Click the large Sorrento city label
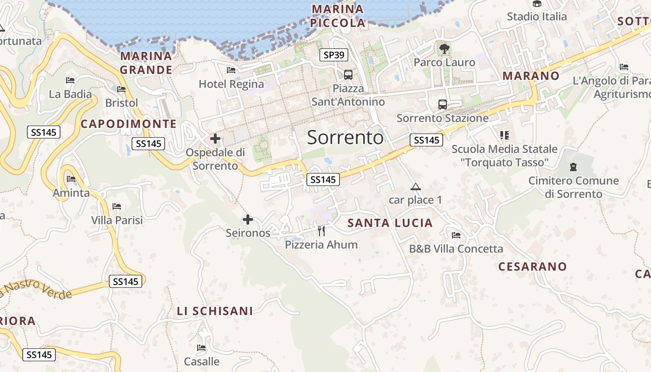coord(345,138)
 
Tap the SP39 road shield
coord(334,55)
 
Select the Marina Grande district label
coord(146,63)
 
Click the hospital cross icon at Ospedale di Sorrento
coord(215,138)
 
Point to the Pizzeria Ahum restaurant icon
coord(321,231)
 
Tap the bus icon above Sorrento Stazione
coord(442,104)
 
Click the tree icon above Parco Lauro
coord(444,47)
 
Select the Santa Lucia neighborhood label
coord(390,223)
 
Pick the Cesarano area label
coord(532,266)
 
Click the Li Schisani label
coord(215,311)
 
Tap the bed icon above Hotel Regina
coord(231,70)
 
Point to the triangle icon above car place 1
coord(415,187)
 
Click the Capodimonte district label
coord(128,124)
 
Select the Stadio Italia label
coord(537,17)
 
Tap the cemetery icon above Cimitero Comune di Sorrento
coord(573,166)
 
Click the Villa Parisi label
coord(117,220)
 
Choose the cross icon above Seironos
coord(248,219)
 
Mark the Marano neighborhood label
coord(531,76)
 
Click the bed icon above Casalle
coord(201,347)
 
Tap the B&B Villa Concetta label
coord(456,249)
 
